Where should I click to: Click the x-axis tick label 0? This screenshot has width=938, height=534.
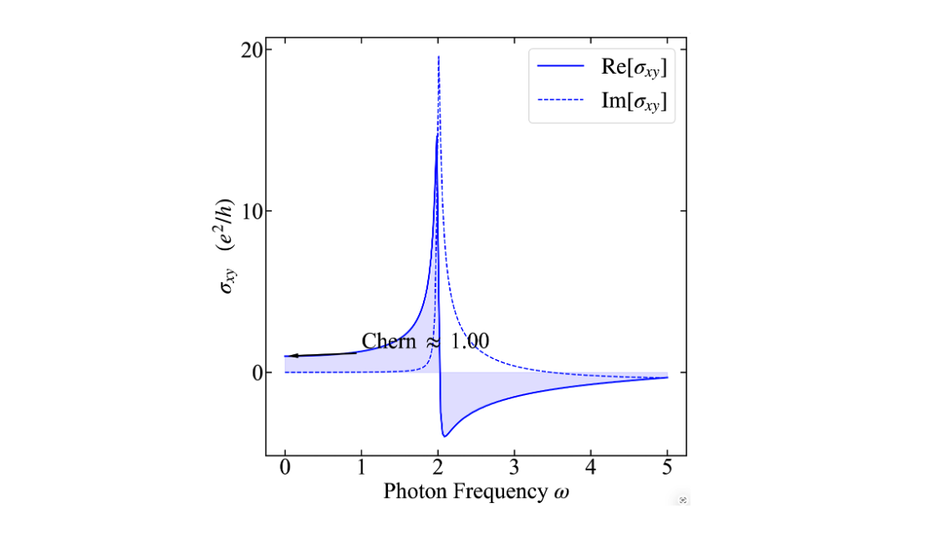coord(285,467)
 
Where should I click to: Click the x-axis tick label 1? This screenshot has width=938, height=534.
coord(361,467)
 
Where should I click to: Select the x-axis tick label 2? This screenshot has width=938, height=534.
coord(438,467)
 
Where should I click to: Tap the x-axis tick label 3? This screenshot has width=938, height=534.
coord(514,467)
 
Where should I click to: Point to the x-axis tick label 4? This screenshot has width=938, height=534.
coord(591,467)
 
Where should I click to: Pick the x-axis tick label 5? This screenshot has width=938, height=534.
coord(667,467)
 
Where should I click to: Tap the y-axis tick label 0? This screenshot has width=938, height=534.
coord(257,372)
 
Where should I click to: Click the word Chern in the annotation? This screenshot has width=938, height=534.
coord(389,341)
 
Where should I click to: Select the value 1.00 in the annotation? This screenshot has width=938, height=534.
coord(470,341)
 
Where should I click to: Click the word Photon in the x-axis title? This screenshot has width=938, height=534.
coord(413,491)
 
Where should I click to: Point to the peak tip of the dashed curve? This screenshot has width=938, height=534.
coord(439,57)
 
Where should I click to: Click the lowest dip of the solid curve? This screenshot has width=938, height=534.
coord(445,436)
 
